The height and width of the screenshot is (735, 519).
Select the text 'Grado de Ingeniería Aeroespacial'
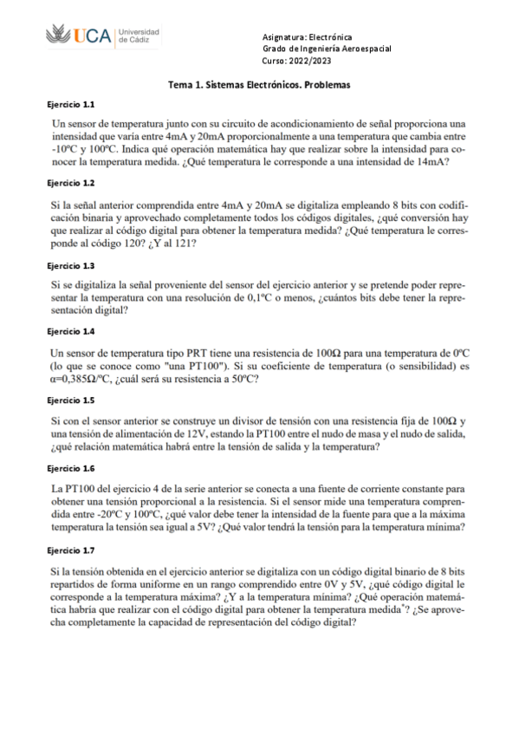coord(327,49)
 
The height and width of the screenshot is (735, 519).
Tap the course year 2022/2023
coord(296,61)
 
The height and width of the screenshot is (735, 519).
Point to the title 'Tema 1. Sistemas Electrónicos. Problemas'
coord(260,86)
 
